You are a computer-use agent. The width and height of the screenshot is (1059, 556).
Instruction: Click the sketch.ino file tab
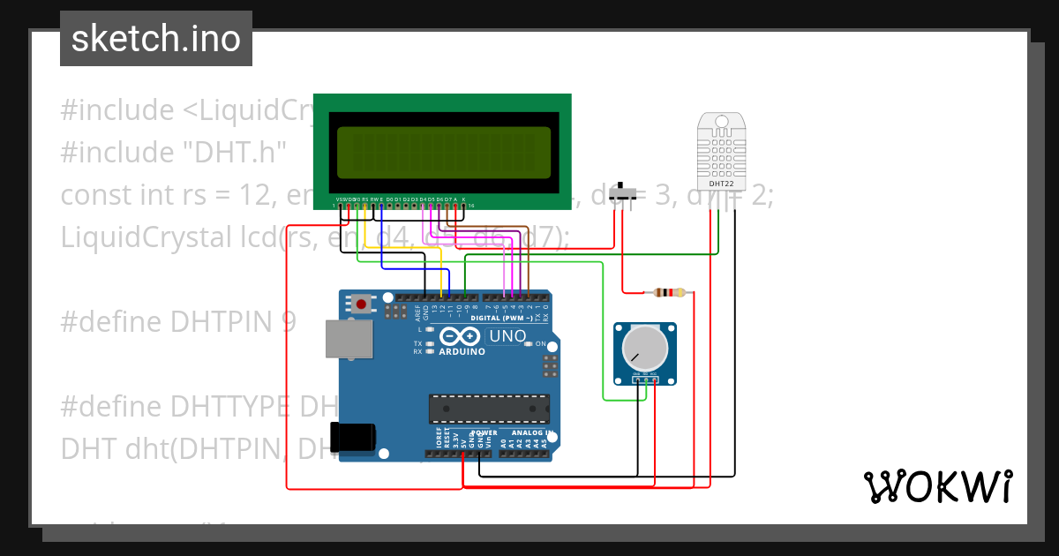tap(156, 39)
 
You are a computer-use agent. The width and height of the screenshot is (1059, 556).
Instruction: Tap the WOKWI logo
tap(937, 486)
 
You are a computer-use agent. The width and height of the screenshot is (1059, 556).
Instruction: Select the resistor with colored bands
tap(667, 292)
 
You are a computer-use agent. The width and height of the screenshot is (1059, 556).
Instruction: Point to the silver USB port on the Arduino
tap(349, 339)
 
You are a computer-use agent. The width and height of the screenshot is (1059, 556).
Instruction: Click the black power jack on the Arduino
tap(352, 437)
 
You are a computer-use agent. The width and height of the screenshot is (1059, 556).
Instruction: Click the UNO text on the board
tap(507, 336)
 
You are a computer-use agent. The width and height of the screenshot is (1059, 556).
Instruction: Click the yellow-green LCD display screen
tap(445, 151)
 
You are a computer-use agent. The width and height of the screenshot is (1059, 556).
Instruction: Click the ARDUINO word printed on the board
tap(462, 351)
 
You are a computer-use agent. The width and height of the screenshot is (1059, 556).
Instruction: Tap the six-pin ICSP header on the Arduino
tap(550, 364)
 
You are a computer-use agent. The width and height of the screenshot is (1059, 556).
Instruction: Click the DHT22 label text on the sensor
tap(721, 184)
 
